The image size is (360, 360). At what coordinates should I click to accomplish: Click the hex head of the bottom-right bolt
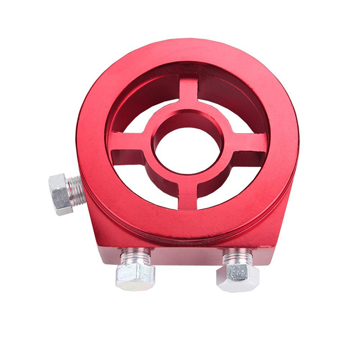pyautogui.click(x=238, y=277)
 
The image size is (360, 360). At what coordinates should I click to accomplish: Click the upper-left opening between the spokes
pyautogui.click(x=144, y=113)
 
